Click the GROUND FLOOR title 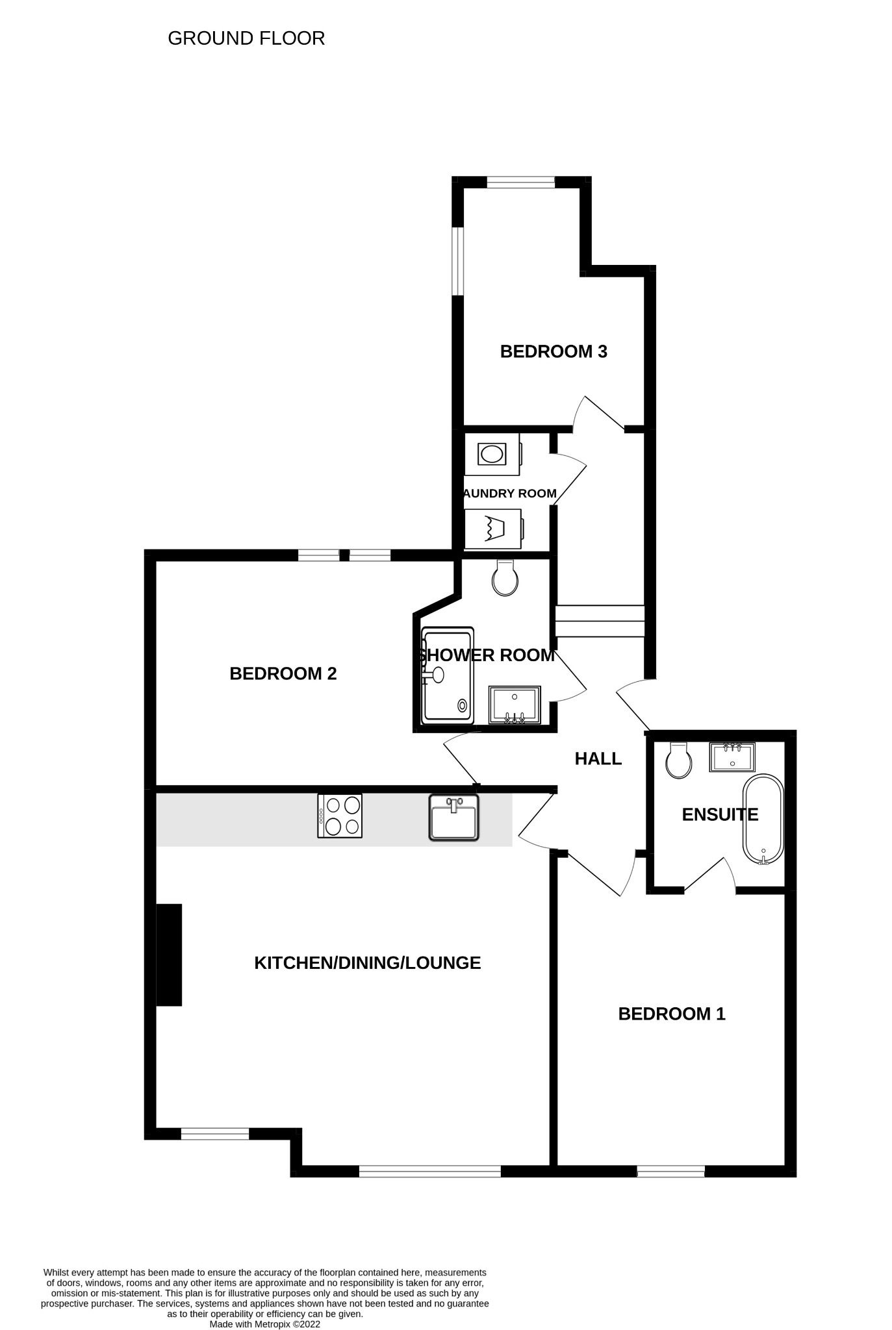[x=246, y=38]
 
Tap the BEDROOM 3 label [x=554, y=351]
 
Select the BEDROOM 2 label [x=283, y=673]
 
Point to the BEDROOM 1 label [x=672, y=1014]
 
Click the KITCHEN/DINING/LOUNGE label [x=368, y=962]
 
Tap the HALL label [x=598, y=758]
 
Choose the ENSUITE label [x=720, y=814]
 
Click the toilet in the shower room [x=505, y=577]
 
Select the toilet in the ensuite [x=679, y=760]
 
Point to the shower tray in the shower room [x=447, y=675]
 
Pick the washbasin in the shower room [x=515, y=705]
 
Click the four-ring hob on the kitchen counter [x=340, y=816]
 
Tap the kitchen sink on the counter [x=454, y=818]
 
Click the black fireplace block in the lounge [x=169, y=955]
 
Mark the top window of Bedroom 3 [x=521, y=182]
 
